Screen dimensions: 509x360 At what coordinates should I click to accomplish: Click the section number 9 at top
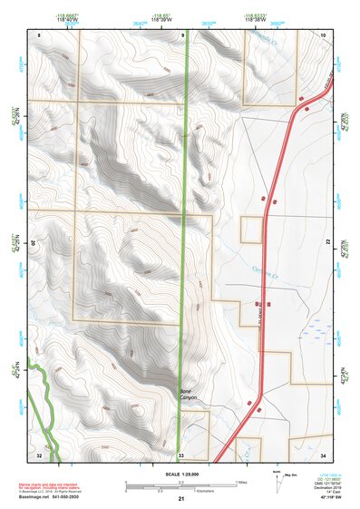181,34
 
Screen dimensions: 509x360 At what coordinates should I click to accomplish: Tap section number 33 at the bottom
181,453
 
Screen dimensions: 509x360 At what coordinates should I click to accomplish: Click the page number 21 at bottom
180,500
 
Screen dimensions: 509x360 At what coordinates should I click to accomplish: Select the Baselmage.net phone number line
53,498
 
